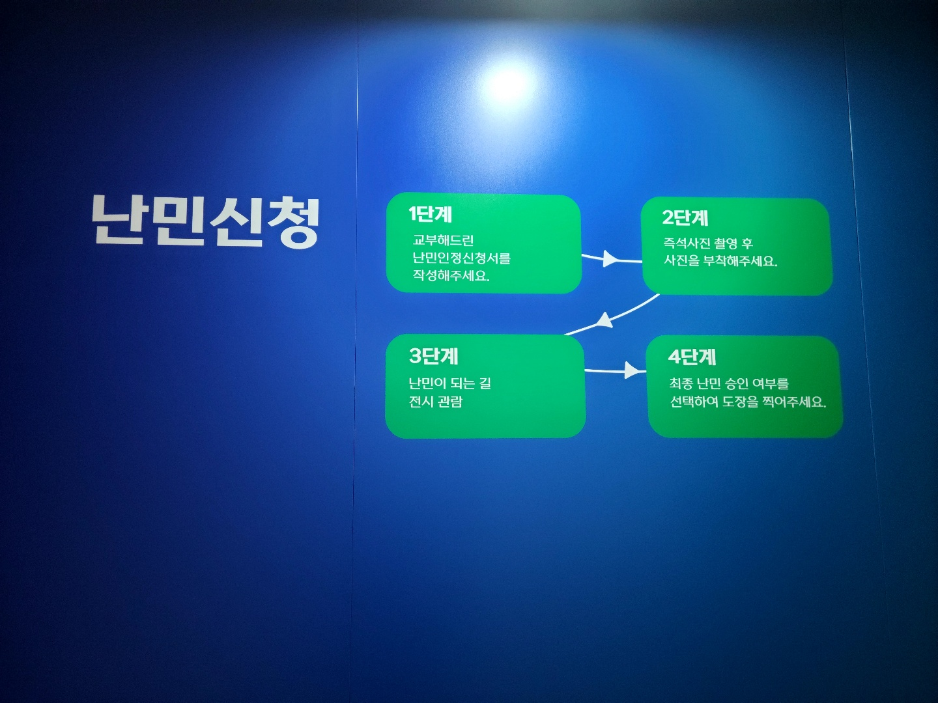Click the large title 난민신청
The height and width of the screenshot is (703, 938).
tap(206, 221)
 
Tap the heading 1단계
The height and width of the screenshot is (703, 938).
tap(431, 214)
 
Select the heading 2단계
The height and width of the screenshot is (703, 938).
tap(685, 217)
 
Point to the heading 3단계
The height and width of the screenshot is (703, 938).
tap(433, 357)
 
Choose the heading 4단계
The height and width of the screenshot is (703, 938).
tap(692, 357)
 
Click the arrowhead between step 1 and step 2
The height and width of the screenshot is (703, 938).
tap(610, 258)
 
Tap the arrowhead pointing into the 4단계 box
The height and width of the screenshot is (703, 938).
tap(632, 370)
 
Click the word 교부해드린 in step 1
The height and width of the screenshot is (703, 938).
tap(443, 240)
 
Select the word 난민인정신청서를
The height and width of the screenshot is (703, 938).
tap(462, 258)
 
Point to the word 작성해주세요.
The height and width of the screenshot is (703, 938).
tap(451, 276)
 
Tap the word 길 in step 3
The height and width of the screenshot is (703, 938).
tap(485, 383)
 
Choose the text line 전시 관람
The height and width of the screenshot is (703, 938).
tap(436, 402)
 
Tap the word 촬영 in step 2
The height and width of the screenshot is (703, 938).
tap(726, 243)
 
